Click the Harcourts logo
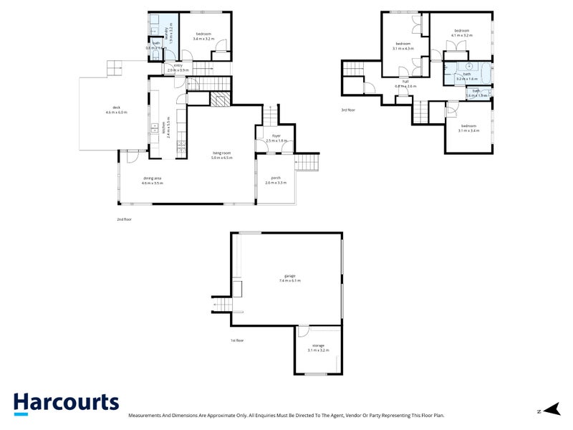point(66,403)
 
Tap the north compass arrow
point(550,409)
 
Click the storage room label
point(318,348)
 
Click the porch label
point(276,180)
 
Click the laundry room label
point(166,32)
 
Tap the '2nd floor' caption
point(125,219)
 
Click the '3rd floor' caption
point(348,110)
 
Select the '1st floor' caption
point(237,340)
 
